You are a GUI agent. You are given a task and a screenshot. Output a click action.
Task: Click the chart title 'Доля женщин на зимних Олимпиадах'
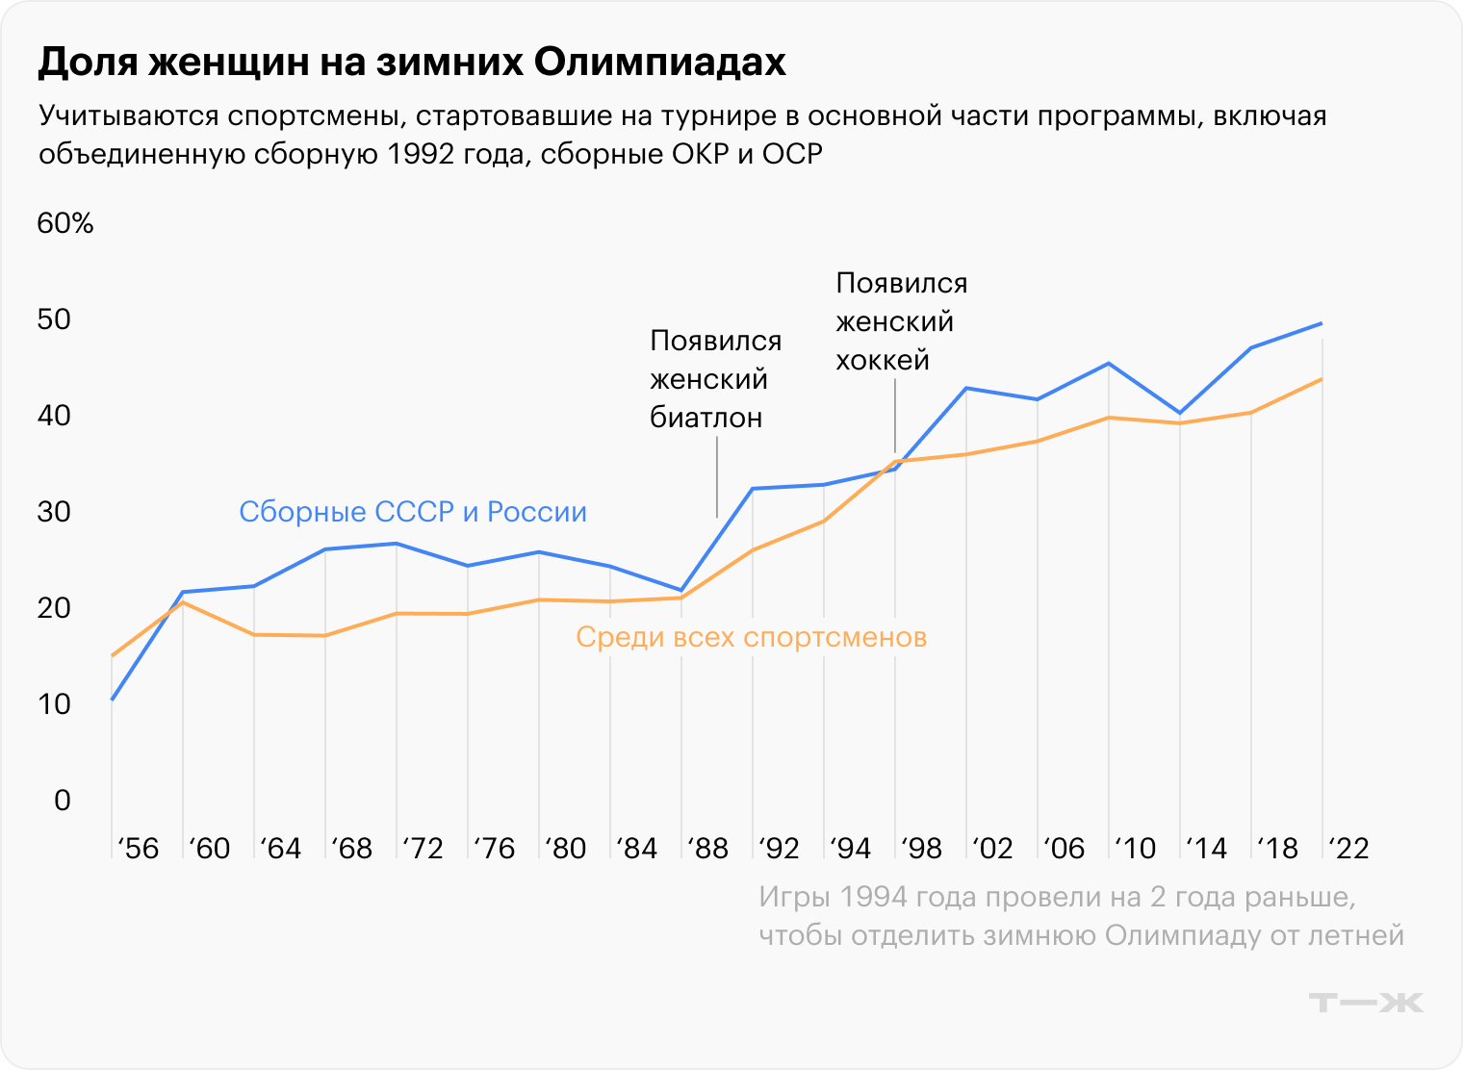tap(412, 62)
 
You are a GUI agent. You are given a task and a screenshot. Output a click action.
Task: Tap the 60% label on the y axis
tap(65, 223)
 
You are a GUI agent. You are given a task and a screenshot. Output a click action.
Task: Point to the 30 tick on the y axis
tap(55, 512)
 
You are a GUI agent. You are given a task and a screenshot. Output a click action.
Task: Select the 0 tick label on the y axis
tap(63, 801)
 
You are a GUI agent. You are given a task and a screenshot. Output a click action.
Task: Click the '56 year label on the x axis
tap(137, 848)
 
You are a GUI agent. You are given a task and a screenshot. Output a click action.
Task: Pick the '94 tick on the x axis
tap(849, 848)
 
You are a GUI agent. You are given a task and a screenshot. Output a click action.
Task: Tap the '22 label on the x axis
tap(1347, 848)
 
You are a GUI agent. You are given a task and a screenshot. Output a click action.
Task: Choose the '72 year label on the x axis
tap(422, 848)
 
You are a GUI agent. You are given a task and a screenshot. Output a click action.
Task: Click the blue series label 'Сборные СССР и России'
tap(413, 512)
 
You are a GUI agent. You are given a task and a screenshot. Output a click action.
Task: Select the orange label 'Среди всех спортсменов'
tap(751, 637)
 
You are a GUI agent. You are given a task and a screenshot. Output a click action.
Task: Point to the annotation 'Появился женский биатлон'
tap(715, 379)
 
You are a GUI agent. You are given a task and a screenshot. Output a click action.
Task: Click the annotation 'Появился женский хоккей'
tap(901, 321)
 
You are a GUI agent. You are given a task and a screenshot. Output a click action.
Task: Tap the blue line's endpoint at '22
tap(1322, 323)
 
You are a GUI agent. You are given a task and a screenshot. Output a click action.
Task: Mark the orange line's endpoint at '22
tap(1322, 379)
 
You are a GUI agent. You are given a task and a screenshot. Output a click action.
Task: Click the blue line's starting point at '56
tap(113, 700)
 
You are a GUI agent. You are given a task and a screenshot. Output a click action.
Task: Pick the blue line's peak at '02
tap(966, 388)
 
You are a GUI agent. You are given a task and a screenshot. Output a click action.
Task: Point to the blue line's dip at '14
tap(1180, 413)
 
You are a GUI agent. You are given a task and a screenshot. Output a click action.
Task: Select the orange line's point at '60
tap(183, 602)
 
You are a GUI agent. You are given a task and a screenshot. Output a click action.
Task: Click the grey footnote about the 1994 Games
tap(1081, 916)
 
